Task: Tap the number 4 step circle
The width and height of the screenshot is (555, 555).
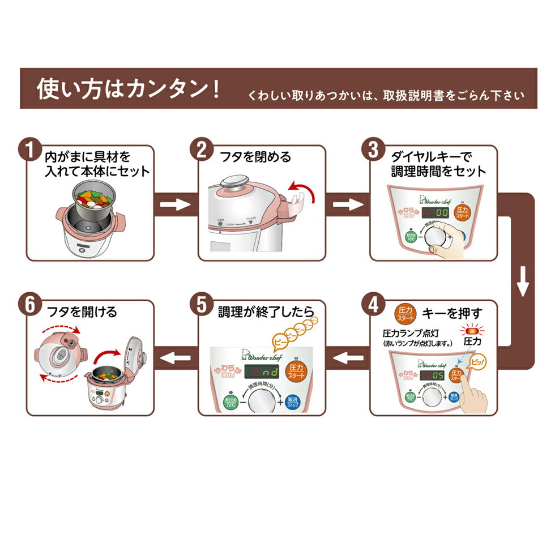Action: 373,305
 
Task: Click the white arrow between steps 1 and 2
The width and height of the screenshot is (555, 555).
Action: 176,204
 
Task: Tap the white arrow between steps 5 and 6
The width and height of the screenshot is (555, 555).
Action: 176,357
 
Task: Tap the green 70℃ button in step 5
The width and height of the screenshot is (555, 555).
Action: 229,402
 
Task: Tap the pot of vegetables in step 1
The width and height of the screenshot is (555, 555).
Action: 95,200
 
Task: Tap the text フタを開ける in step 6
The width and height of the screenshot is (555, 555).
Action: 80,311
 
